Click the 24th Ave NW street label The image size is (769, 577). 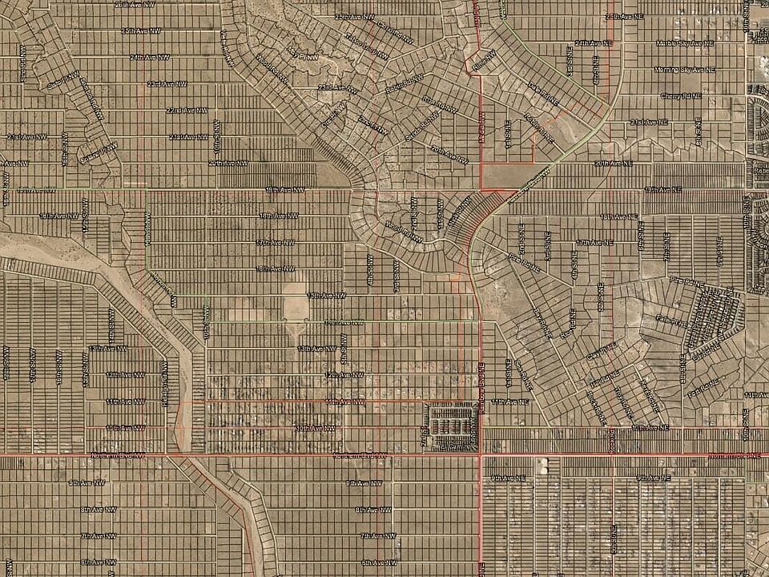click(x=150, y=57)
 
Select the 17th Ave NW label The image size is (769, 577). click(x=275, y=241)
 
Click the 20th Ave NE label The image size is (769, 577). click(x=613, y=163)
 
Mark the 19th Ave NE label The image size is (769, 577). click(x=662, y=189)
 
